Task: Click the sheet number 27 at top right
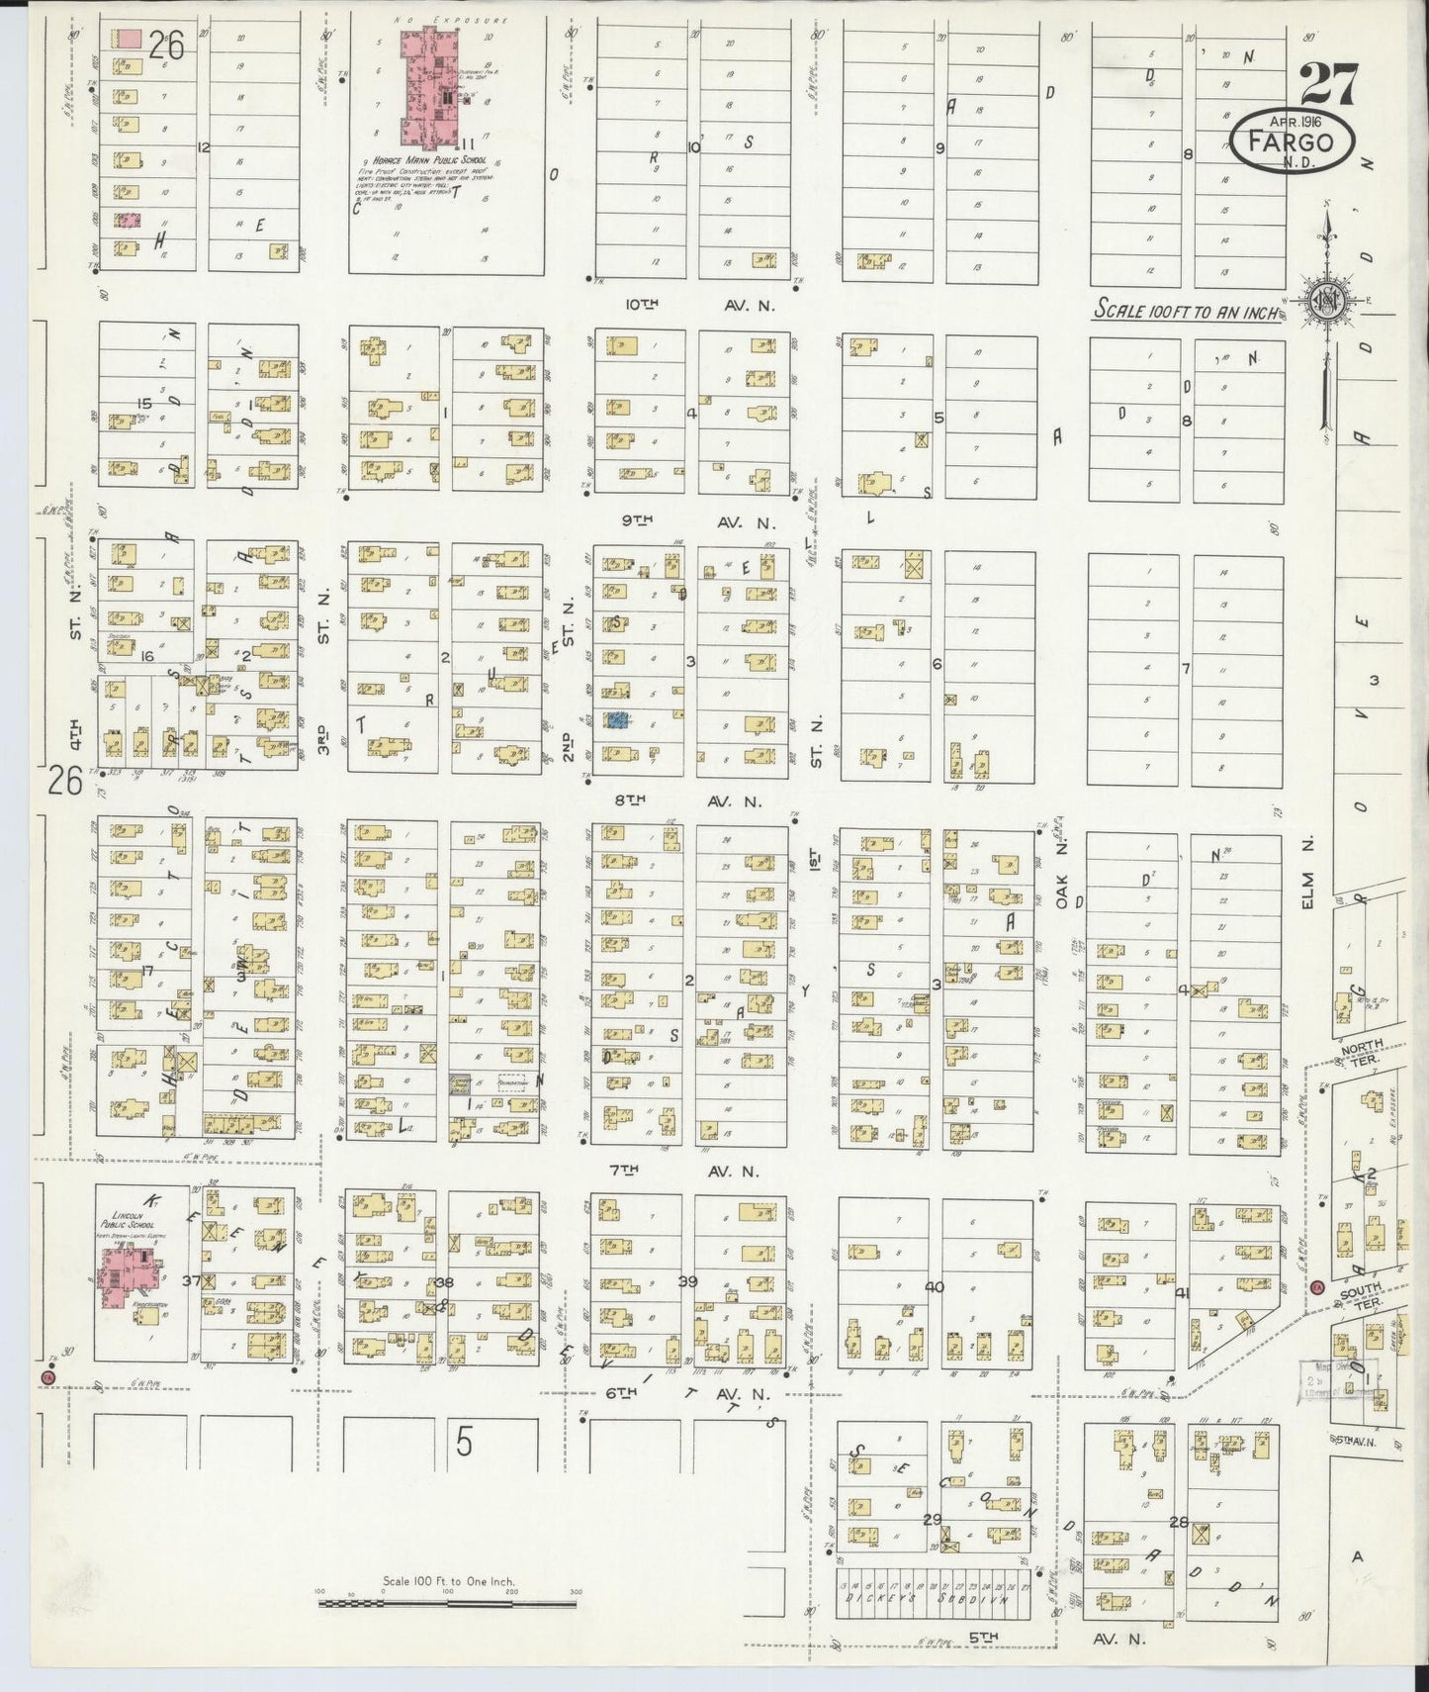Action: click(x=1329, y=85)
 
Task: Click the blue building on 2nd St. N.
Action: click(x=618, y=721)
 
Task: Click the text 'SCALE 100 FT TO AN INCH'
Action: click(x=1186, y=311)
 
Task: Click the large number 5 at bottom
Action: click(x=464, y=1443)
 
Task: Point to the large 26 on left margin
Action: click(x=65, y=784)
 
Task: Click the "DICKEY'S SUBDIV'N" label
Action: click(x=926, y=1595)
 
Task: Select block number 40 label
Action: click(x=934, y=1287)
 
